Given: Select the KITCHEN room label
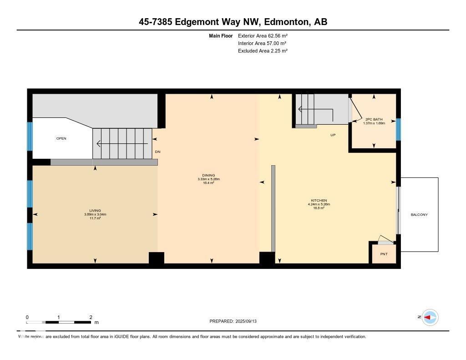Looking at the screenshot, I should (319, 201).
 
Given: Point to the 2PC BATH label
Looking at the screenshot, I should (374, 119).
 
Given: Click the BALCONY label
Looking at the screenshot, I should (419, 215).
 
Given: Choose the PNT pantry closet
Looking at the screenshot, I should (384, 254).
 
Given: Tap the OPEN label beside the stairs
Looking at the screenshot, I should (61, 138).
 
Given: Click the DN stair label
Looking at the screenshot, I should (157, 152).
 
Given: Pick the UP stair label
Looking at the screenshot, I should (333, 135).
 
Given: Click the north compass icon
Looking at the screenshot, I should (429, 317).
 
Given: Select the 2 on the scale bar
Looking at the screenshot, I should (91, 317).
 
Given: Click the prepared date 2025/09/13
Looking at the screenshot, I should (248, 321).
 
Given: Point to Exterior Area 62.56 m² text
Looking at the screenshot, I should (263, 35).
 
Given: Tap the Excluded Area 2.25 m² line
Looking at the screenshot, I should (263, 51).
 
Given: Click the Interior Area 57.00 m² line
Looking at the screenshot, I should (262, 43).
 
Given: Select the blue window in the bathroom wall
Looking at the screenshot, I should (398, 129).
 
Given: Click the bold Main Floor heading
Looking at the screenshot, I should (221, 35).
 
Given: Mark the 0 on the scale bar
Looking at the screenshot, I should (27, 317).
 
